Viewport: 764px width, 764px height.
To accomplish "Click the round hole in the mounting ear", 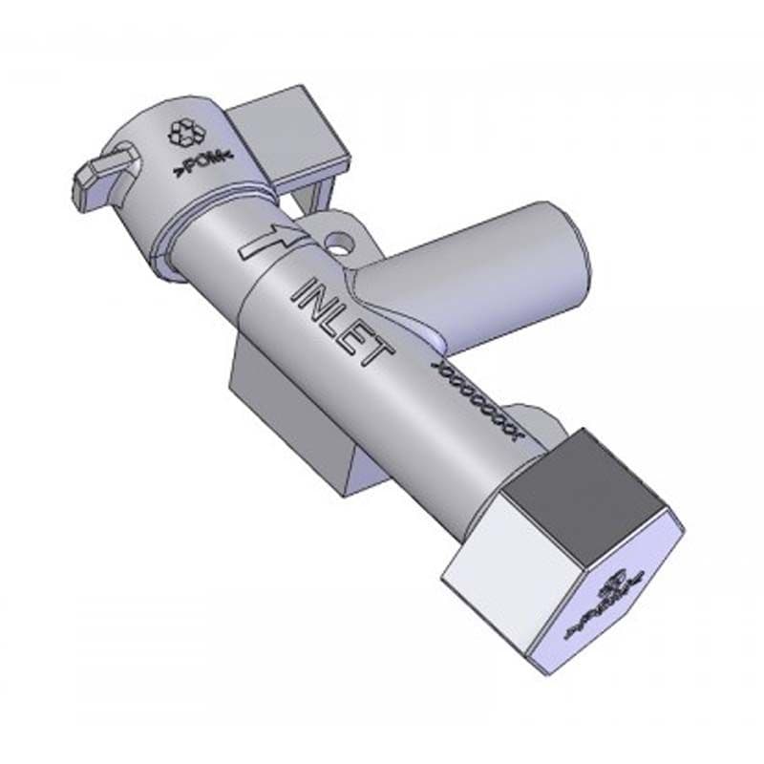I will coord(336,238).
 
